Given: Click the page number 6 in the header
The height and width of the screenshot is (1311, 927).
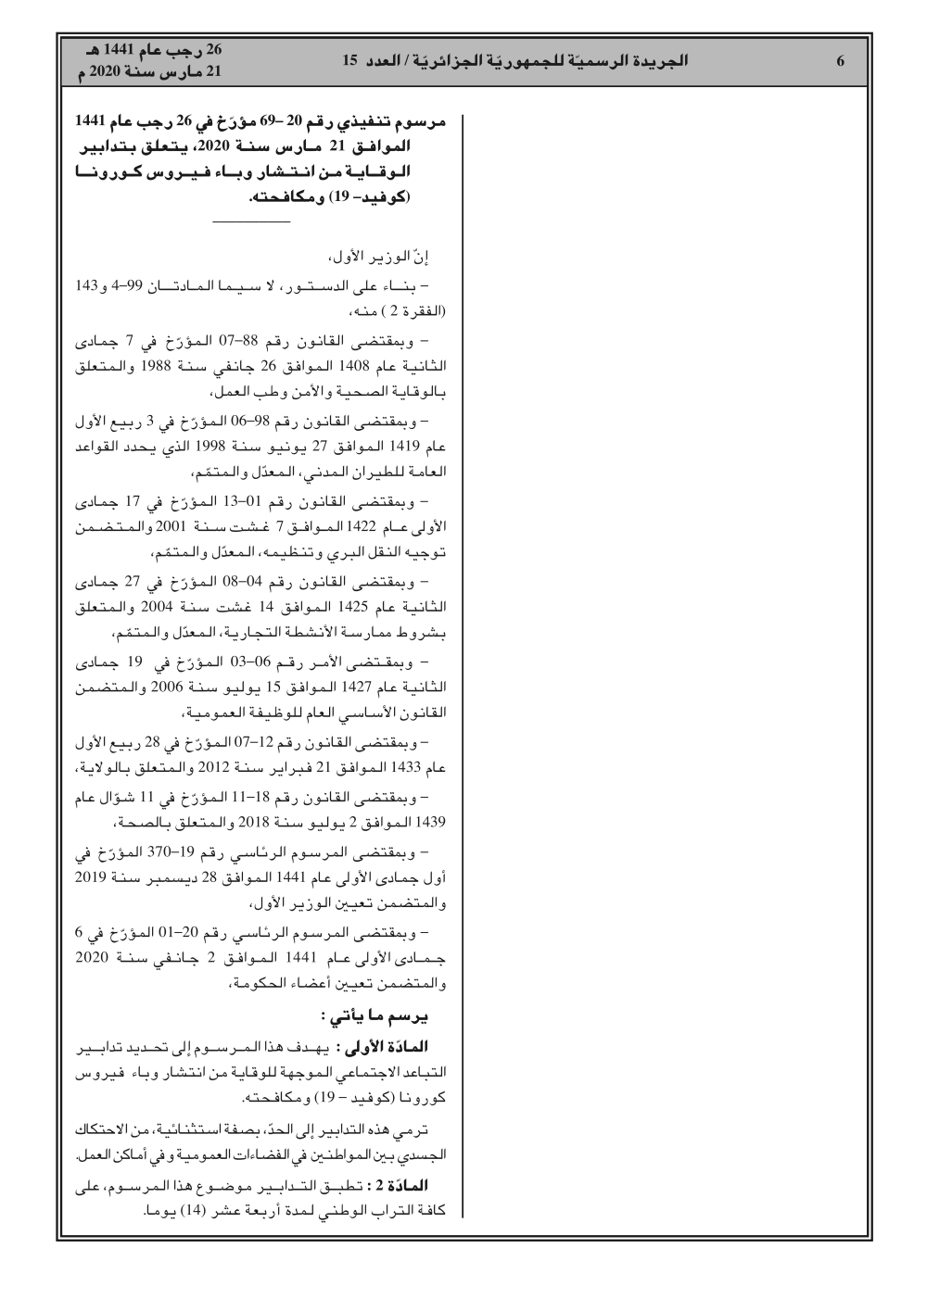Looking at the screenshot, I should coord(840,62).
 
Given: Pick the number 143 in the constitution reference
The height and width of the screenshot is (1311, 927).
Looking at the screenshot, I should coord(87,282).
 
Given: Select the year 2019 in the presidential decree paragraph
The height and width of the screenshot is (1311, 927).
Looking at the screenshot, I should coord(91,876).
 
